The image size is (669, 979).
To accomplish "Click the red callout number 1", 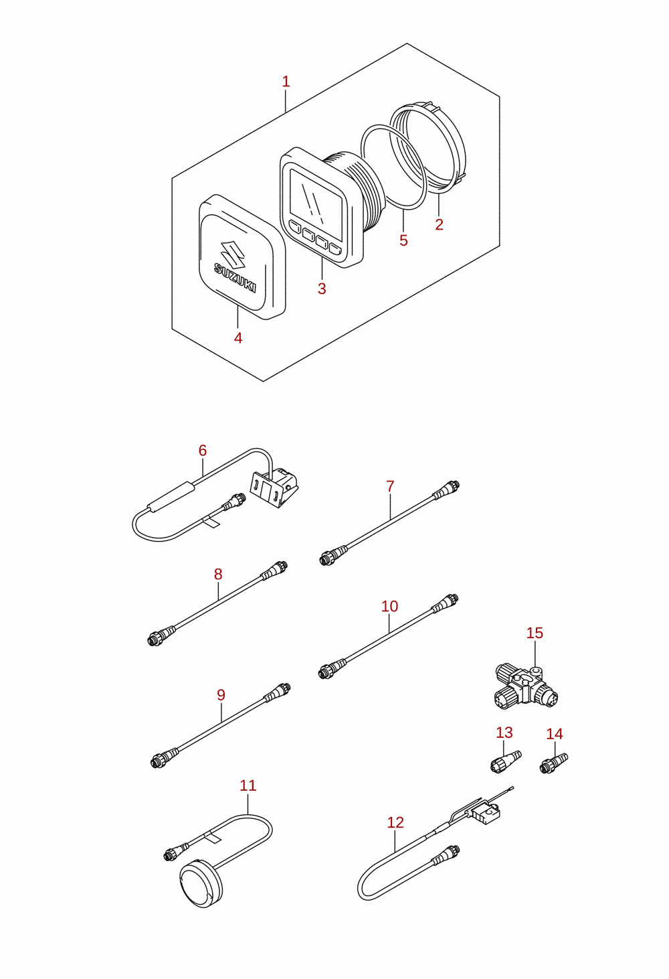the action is pos(286,81).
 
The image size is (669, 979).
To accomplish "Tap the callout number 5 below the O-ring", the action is pos(403,240).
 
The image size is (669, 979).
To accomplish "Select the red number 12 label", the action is pos(395,822).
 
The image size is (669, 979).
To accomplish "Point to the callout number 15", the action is pos(535,633).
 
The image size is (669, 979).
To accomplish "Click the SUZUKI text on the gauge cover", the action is pos(235,277).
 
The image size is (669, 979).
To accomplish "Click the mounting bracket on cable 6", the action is pos(274,487).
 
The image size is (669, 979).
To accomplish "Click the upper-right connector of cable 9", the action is pos(277,692).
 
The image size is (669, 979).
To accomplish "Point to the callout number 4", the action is pos(238,338).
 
